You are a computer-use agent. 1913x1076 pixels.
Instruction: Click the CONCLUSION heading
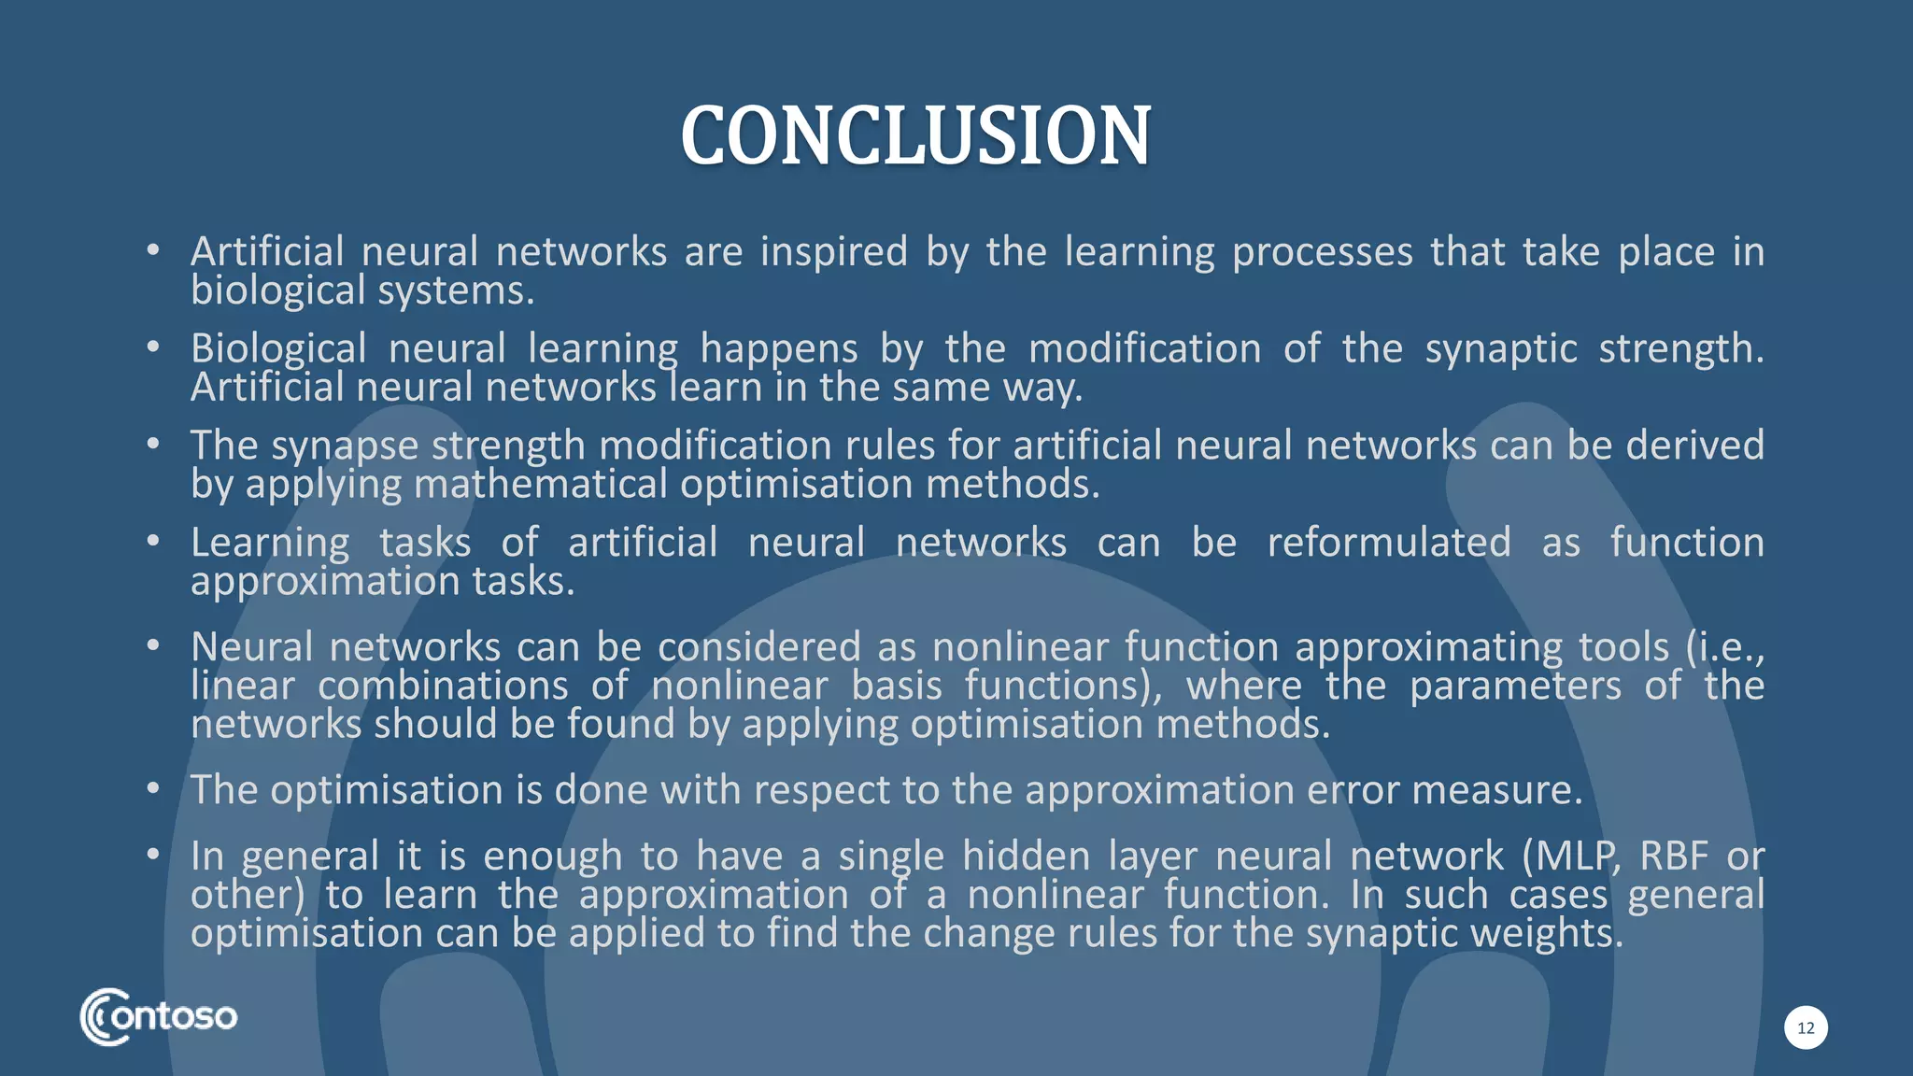(915, 136)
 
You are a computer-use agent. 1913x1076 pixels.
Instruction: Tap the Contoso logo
(159, 1016)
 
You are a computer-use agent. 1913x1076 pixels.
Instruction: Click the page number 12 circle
(1806, 1027)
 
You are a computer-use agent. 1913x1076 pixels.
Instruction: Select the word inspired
(833, 252)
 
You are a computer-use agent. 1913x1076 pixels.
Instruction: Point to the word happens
(778, 349)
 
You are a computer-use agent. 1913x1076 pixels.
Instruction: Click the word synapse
(344, 446)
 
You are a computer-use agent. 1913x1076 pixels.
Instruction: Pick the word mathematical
(541, 484)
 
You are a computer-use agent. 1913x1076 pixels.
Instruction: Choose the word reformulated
(1388, 543)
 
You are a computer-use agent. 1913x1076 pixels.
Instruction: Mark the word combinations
(443, 686)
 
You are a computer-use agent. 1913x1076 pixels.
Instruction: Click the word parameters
(1515, 686)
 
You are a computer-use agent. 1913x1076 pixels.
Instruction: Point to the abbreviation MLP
(1571, 857)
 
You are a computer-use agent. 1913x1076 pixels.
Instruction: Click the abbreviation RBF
(1673, 857)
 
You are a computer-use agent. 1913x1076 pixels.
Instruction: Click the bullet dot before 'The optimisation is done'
(153, 788)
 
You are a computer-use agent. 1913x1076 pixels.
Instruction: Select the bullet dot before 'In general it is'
(153, 855)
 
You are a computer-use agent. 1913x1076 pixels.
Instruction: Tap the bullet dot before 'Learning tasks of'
(153, 541)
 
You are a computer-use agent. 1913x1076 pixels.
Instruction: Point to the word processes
(1322, 252)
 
